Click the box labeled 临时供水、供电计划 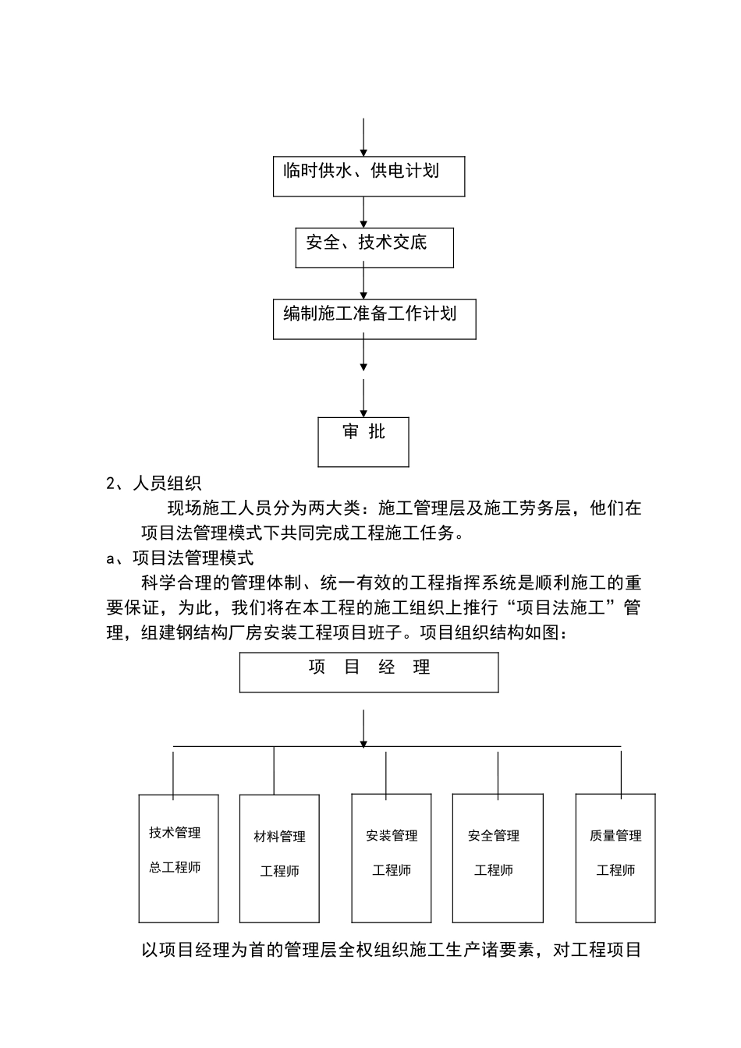coord(368,176)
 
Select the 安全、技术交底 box coord(374,247)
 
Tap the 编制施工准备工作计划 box coord(374,319)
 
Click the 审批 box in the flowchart coord(363,441)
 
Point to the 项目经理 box coord(368,672)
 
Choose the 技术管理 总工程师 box coord(178,858)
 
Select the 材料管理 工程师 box coord(279,859)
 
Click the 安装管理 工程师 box coord(392,858)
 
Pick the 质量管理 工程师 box coord(615,858)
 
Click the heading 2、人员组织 coord(154,483)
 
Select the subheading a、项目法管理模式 coord(179,558)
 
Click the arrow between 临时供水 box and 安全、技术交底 coord(363,211)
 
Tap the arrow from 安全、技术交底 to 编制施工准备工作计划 coord(363,283)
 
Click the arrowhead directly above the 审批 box coord(363,411)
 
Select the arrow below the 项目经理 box coord(363,728)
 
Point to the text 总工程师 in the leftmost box coord(175,867)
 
